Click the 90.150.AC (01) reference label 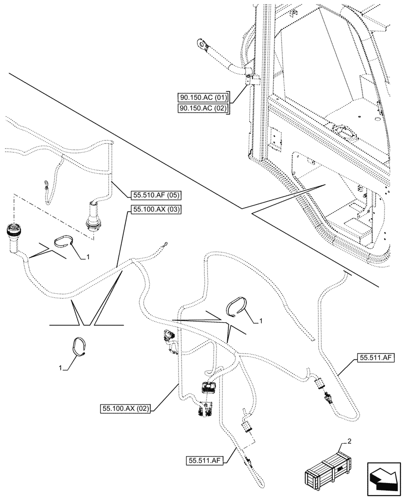click(203, 97)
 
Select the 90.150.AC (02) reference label click(203, 109)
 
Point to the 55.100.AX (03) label click(156, 210)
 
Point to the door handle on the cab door click(345, 130)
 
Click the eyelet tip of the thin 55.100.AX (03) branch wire click(163, 245)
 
